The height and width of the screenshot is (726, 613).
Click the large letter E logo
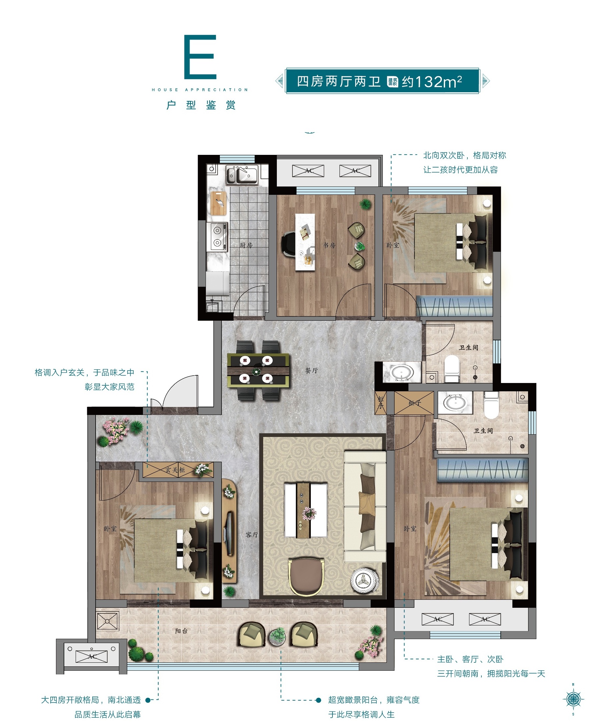point(200,57)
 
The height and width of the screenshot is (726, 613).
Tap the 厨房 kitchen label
point(246,245)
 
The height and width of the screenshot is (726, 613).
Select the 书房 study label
point(329,245)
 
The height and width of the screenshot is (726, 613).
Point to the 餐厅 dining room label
point(311,371)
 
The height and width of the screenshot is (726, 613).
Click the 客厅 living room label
point(252,535)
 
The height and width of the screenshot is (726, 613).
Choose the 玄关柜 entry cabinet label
point(175,470)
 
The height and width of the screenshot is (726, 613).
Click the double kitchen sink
point(242,175)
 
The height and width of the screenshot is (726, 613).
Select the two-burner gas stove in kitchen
point(217,237)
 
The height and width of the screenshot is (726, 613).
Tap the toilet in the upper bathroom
point(452,369)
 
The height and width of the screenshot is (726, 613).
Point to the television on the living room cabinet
point(228,534)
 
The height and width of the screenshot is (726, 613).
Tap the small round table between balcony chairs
point(277,637)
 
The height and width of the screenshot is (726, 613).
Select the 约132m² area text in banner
point(432,82)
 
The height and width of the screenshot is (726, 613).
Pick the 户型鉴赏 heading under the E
point(201,105)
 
